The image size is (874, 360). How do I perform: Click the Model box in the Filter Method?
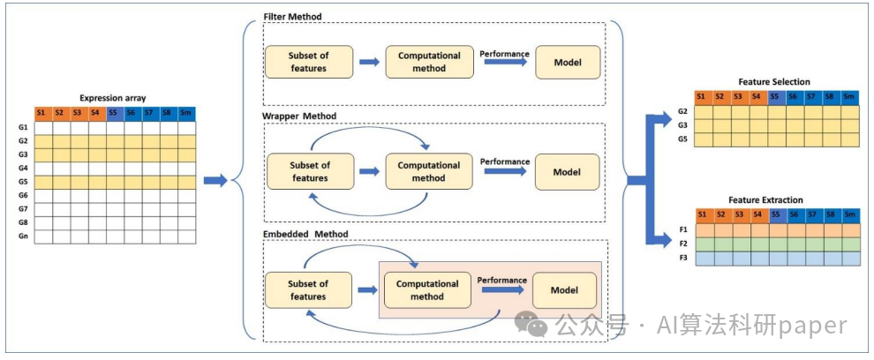(x=568, y=62)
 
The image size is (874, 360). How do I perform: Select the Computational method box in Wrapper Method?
(x=429, y=172)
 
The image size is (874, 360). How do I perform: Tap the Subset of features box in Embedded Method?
(x=308, y=289)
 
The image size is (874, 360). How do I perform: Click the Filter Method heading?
(x=292, y=17)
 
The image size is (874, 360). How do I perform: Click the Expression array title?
(x=113, y=98)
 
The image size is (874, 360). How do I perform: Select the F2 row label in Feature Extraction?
(x=684, y=244)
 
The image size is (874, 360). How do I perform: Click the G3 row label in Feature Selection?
(x=683, y=126)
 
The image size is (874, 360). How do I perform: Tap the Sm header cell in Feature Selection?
(x=849, y=97)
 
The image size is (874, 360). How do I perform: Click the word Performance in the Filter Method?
(x=504, y=54)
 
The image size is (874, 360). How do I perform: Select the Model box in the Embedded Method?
(x=565, y=290)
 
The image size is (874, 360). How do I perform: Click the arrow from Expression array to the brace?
(x=215, y=181)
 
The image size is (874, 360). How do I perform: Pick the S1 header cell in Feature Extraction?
(x=704, y=214)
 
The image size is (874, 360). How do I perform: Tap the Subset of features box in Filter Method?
(x=309, y=62)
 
